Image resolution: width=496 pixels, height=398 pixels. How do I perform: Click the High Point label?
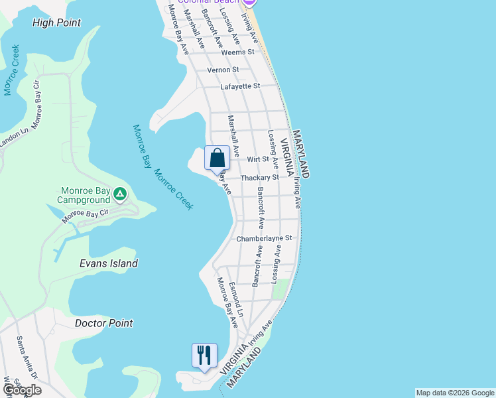coord(56,23)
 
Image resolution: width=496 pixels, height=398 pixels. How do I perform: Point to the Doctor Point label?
coord(103,323)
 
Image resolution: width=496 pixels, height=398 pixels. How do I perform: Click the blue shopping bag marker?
coord(217,159)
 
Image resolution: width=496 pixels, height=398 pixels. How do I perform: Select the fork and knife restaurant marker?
coord(204,356)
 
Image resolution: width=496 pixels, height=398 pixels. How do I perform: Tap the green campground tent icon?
coord(120,194)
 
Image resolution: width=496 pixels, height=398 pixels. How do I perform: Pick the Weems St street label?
coord(238,52)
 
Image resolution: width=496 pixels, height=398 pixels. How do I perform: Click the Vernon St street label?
coord(223,70)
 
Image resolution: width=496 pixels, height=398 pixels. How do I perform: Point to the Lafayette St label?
coord(240,86)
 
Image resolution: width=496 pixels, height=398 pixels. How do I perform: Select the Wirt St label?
coord(257,159)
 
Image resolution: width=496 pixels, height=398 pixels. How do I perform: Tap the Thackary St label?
coord(259,178)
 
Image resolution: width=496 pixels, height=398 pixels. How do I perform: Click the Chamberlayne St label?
coord(264,237)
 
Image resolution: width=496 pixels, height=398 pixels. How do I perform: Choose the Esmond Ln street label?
coord(236,298)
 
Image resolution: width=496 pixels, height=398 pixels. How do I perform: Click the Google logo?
coord(21,390)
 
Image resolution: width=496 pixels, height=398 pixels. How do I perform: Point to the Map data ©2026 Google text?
coord(454,393)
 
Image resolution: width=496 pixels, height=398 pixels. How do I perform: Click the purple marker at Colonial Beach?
coord(256,2)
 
